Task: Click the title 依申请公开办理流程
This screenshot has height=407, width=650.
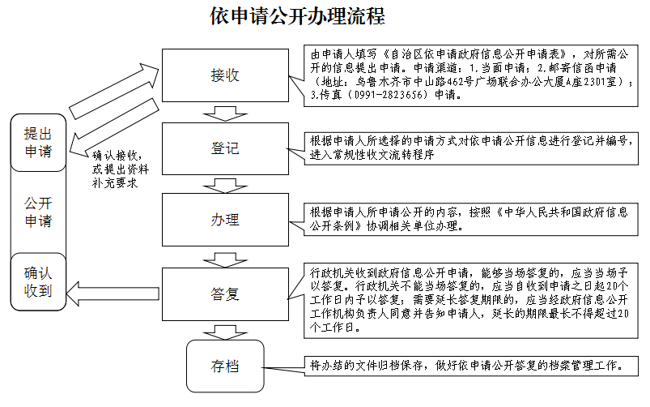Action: click(x=297, y=16)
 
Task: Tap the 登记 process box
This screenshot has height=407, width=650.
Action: click(x=224, y=148)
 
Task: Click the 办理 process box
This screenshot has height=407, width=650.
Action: click(x=224, y=220)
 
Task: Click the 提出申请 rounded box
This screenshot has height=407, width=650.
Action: click(x=37, y=142)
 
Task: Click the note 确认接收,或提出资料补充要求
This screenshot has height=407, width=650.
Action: click(x=117, y=169)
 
